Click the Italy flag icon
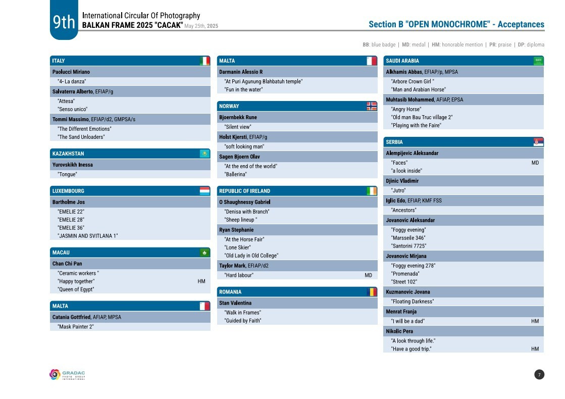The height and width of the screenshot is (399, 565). point(204,61)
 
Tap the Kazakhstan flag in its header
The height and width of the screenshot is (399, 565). point(204,154)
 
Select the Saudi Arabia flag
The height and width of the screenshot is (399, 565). point(538,61)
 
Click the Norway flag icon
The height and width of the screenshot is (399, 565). point(372,106)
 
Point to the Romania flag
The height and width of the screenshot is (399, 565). point(372,292)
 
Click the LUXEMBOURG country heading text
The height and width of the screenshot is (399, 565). point(68,191)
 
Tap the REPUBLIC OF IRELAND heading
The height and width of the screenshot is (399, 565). point(244,191)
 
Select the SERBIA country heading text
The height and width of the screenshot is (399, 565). point(394,142)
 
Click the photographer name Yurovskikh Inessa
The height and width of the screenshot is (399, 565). point(73,165)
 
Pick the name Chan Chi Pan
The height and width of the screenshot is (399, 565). point(67,264)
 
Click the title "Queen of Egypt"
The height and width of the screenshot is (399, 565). point(76,289)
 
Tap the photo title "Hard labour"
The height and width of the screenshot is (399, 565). point(239,275)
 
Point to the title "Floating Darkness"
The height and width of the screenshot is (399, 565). point(412,302)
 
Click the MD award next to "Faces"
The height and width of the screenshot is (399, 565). point(535,163)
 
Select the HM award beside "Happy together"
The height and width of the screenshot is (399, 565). point(201,281)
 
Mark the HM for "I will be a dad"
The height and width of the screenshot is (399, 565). point(535,321)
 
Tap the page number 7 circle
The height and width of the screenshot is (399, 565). point(539,374)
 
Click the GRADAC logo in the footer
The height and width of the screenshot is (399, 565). point(67,375)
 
